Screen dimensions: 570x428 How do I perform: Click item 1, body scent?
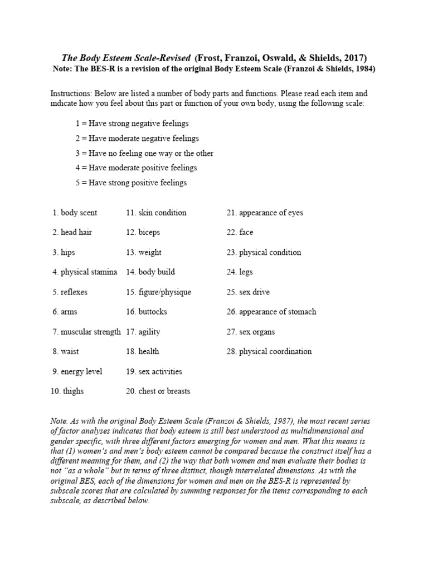click(75, 213)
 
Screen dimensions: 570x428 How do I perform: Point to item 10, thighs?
click(67, 391)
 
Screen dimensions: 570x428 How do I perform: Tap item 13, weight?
click(143, 253)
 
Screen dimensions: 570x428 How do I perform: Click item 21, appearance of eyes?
click(265, 213)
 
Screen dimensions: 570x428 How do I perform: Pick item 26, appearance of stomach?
click(271, 312)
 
